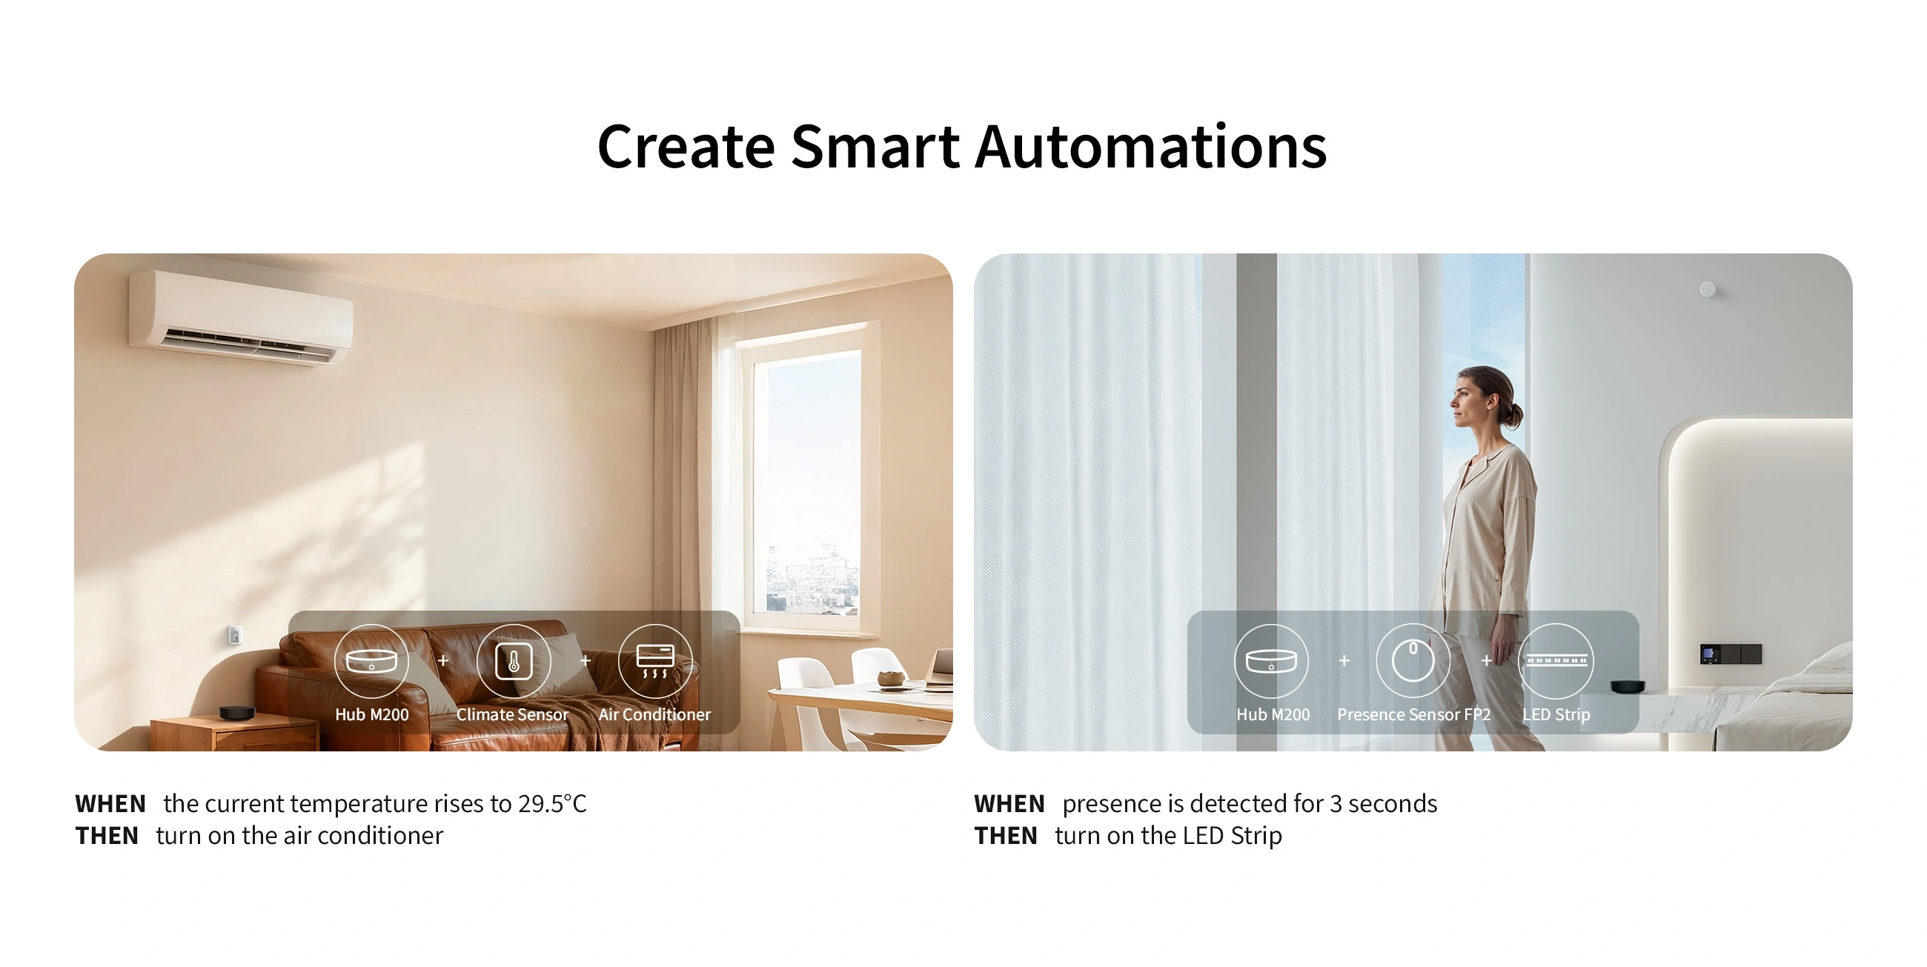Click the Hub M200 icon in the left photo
[x=371, y=661]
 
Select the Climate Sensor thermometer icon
[x=513, y=661]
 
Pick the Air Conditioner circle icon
[x=655, y=661]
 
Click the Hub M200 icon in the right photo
[x=1271, y=661]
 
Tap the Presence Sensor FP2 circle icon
[x=1413, y=661]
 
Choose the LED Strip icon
[x=1556, y=661]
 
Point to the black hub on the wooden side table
[x=236, y=713]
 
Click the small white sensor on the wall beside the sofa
[x=235, y=635]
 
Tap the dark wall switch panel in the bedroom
[x=1731, y=654]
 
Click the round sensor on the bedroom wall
[x=1707, y=289]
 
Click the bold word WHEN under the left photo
[x=110, y=804]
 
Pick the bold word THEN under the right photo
[x=1006, y=835]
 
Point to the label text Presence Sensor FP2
[x=1414, y=715]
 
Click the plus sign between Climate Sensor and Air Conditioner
[x=585, y=660]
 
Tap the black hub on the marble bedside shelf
[x=1628, y=686]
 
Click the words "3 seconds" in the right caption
[x=1383, y=803]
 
